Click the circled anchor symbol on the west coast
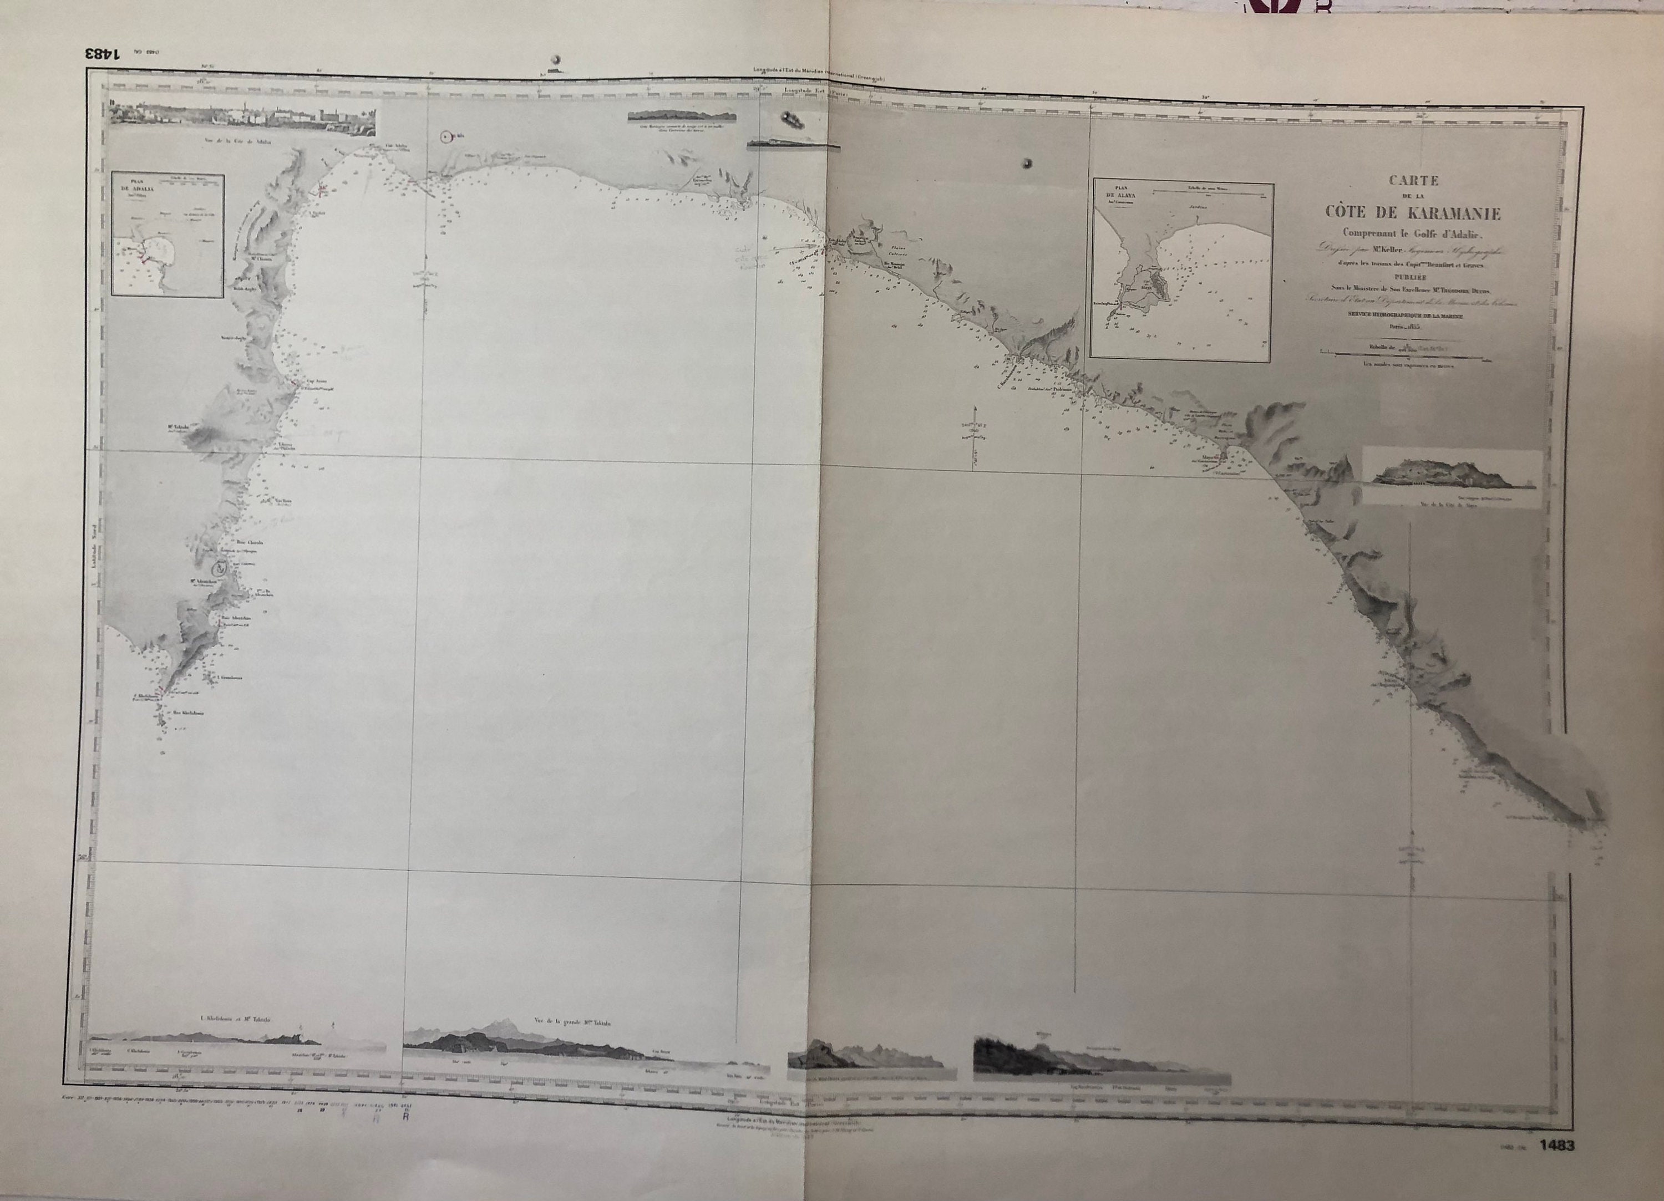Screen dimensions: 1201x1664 coord(219,567)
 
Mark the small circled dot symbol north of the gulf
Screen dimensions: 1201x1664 coord(445,136)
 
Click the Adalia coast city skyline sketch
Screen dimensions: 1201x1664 coord(242,118)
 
